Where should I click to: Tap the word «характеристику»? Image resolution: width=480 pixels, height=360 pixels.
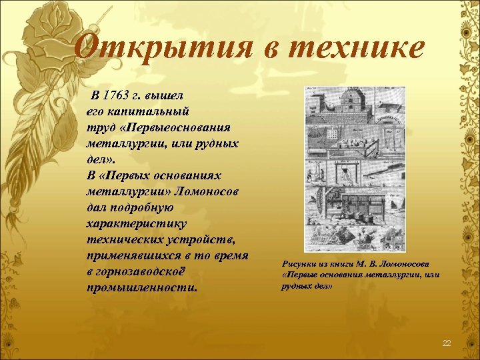(136, 224)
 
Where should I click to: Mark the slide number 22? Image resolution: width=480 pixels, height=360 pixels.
(447, 343)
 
